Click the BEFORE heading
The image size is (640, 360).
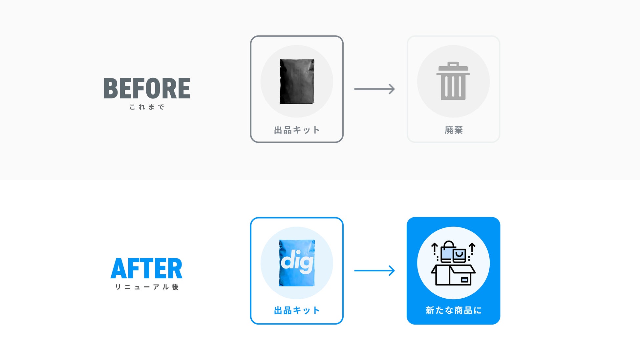click(147, 88)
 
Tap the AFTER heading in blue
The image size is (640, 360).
click(146, 268)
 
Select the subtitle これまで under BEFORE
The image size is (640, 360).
click(147, 107)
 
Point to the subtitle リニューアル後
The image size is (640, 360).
click(147, 287)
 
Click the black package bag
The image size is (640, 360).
click(297, 81)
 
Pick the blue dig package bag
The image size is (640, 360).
click(297, 263)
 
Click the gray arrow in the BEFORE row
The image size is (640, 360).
click(374, 89)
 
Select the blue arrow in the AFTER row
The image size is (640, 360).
click(374, 271)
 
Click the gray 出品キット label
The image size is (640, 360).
click(297, 130)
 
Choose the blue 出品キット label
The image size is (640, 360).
click(297, 310)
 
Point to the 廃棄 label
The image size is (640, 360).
click(454, 130)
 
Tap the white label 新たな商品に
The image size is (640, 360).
click(453, 310)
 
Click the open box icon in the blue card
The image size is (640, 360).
click(453, 275)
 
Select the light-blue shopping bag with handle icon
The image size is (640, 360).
click(447, 253)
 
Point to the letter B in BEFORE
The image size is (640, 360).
click(111, 88)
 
